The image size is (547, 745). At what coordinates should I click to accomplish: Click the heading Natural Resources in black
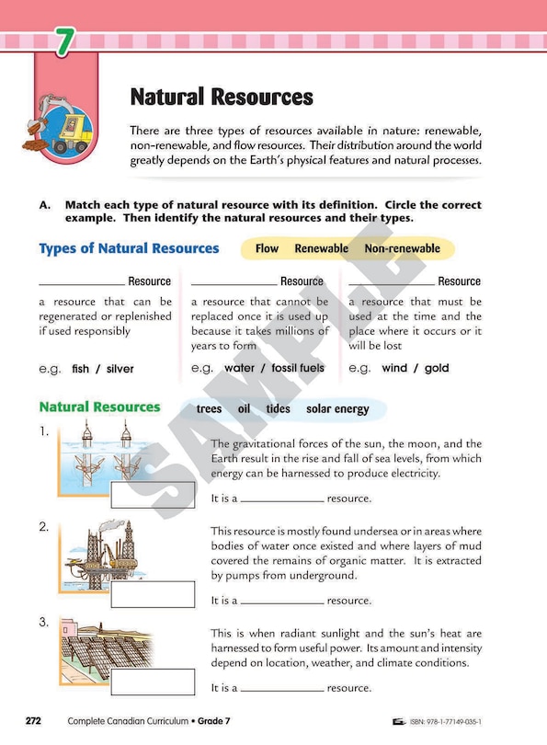(222, 97)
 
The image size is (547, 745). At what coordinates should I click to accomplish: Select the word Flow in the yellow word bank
(267, 248)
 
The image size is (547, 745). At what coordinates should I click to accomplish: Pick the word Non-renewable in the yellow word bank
(402, 248)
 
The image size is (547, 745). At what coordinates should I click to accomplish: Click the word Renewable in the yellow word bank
(321, 248)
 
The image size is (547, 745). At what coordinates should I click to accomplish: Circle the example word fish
(81, 369)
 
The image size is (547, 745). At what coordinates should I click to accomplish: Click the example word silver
(120, 369)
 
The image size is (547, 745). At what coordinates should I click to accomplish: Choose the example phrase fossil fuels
(298, 368)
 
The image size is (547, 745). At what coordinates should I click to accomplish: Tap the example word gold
(437, 368)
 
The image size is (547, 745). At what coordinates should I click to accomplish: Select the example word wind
(394, 368)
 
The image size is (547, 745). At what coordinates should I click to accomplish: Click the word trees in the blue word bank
(209, 409)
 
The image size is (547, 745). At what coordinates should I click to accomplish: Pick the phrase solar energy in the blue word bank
(337, 409)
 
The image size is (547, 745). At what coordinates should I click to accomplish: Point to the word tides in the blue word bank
(278, 409)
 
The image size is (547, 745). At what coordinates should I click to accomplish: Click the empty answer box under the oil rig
(153, 594)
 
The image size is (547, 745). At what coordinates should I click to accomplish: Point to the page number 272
(33, 721)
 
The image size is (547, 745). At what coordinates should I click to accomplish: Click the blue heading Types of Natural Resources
(129, 248)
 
